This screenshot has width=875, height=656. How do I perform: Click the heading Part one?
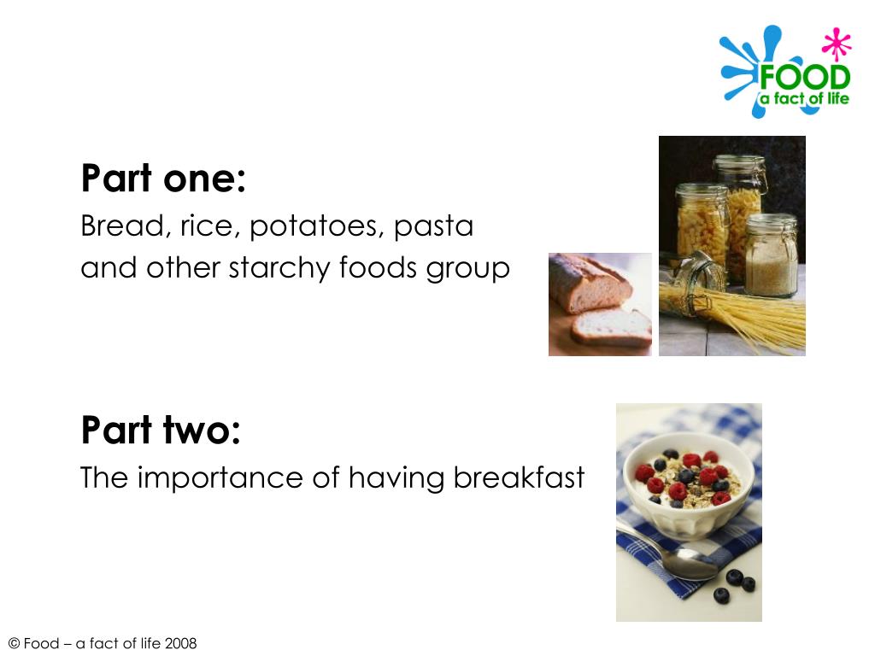coord(163,179)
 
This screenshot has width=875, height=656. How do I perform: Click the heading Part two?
coord(161,430)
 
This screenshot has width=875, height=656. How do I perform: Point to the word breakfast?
coord(519,477)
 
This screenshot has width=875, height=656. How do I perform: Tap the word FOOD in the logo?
coord(804,78)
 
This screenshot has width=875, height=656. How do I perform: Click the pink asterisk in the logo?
coord(837,44)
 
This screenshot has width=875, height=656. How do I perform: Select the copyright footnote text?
coord(102,643)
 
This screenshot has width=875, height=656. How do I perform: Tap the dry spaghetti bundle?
coord(752,320)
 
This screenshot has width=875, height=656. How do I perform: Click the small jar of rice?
coord(771,256)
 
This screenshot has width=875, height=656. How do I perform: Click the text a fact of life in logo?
coord(804,99)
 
